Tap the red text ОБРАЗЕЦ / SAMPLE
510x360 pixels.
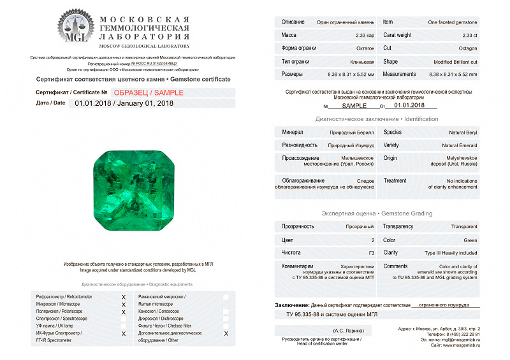click(x=147, y=92)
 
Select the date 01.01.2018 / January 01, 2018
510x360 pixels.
click(x=124, y=103)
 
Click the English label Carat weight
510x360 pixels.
click(x=397, y=35)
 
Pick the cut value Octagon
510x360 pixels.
click(x=468, y=48)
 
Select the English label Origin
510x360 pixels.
click(x=390, y=158)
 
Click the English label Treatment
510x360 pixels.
click(x=395, y=180)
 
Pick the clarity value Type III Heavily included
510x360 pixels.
click(x=451, y=252)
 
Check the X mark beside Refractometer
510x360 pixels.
click(x=123, y=297)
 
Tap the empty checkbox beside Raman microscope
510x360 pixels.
click(x=226, y=298)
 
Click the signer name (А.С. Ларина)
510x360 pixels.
click(x=347, y=331)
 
